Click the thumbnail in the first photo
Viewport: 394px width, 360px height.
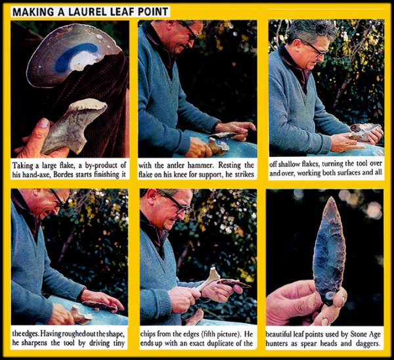45,123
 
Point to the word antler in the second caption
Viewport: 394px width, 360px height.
183,166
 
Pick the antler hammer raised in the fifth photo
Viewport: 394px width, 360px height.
208,280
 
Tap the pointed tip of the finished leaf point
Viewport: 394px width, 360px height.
331,197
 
